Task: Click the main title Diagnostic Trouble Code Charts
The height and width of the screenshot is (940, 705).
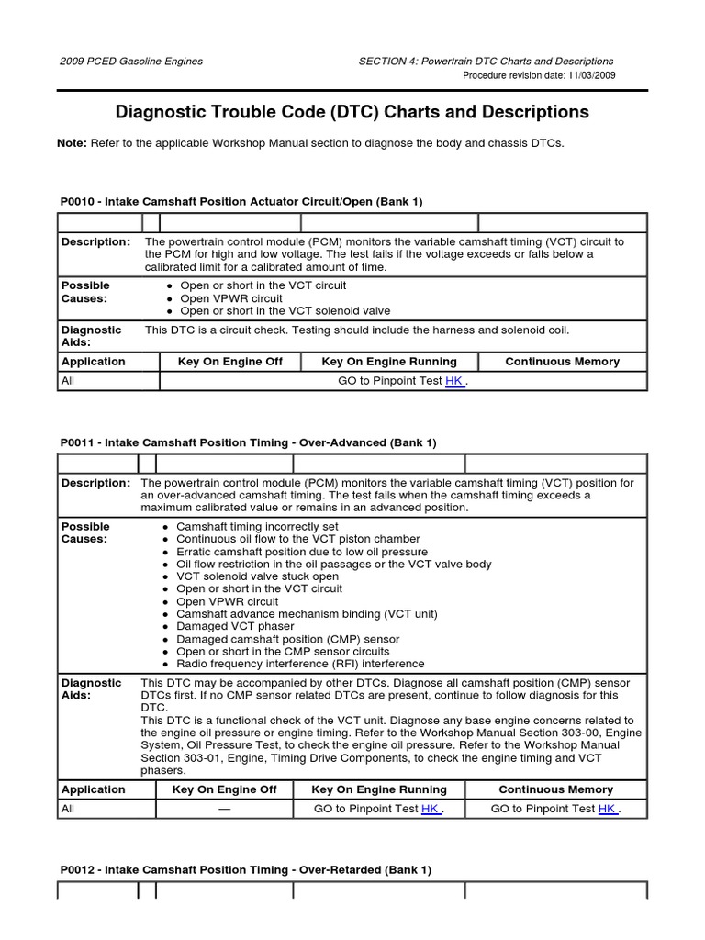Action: pos(352,112)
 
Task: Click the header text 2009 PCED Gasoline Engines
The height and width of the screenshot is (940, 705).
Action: pos(131,62)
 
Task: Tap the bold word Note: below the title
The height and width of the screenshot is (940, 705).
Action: pos(73,143)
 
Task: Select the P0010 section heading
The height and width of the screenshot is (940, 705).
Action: pos(241,201)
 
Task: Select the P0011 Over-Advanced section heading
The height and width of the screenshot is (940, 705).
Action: pos(248,442)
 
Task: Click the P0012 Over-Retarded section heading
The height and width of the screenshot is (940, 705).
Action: pos(245,869)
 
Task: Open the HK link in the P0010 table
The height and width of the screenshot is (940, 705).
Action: pos(454,381)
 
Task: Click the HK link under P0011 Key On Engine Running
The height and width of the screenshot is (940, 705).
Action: pos(431,809)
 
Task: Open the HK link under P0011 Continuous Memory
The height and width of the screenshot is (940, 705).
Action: pos(607,809)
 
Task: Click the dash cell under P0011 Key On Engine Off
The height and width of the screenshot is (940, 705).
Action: pos(224,809)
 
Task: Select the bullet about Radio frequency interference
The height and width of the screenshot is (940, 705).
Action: pos(300,664)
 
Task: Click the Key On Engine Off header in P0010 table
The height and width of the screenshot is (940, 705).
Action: pos(229,362)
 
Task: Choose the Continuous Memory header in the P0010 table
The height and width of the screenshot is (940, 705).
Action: pos(562,362)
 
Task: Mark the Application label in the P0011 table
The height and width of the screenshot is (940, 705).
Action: pos(94,789)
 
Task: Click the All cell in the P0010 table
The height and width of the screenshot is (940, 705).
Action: pos(68,381)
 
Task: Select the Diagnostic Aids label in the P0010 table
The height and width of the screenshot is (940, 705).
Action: pos(91,335)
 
